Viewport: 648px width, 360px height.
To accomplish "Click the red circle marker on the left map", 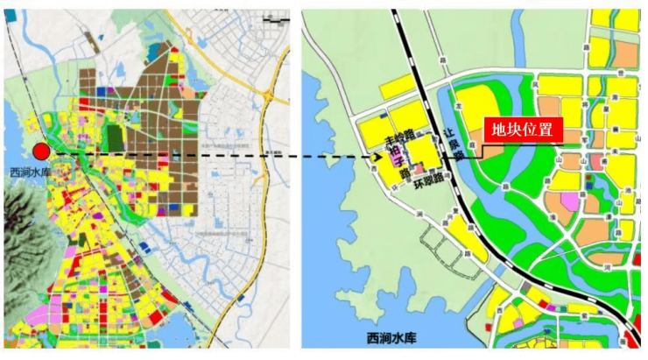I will tap(40, 152).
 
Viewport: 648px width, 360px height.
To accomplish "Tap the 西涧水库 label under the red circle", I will tap(31, 172).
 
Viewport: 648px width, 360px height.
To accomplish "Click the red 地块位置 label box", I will tap(521, 131).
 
